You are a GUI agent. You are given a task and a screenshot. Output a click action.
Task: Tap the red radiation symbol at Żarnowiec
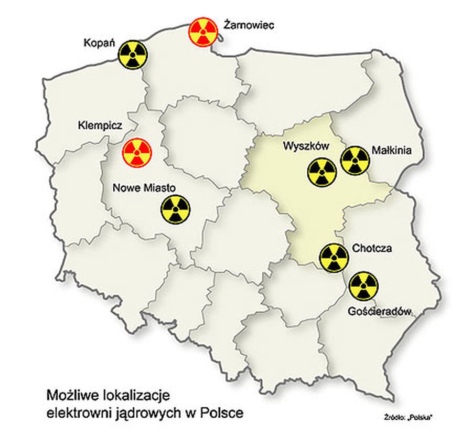203,32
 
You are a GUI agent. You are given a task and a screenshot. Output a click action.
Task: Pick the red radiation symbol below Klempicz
137,153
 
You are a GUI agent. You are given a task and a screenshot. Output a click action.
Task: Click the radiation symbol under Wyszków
321,172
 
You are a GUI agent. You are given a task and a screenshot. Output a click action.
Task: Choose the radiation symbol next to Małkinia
355,160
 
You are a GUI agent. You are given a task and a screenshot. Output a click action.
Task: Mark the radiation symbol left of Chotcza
334,258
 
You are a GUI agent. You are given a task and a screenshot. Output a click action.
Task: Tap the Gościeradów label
378,311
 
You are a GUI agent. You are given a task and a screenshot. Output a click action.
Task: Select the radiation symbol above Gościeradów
363,286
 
